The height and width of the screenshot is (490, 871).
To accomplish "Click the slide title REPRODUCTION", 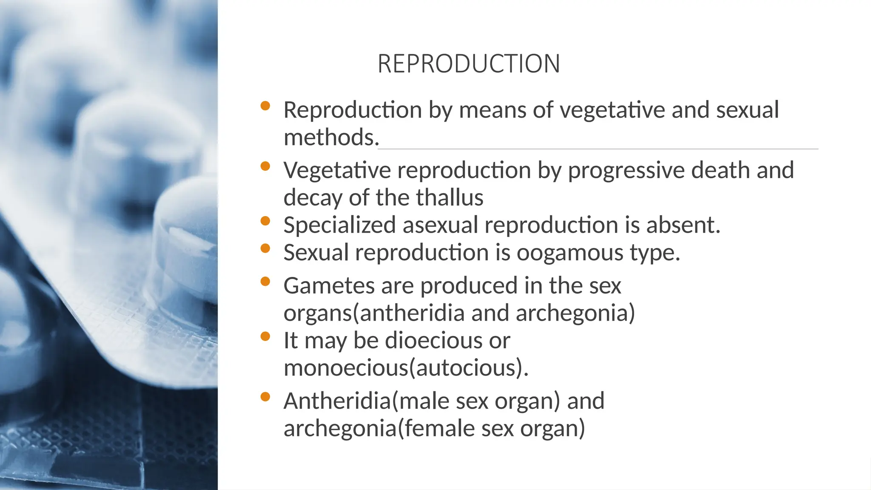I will point(469,64).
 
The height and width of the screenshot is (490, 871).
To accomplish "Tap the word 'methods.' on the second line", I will point(331,137).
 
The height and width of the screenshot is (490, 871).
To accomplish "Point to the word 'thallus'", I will point(450,198).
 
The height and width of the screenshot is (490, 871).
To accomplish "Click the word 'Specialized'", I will point(339,225).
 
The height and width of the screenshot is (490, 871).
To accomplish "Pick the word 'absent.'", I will point(683,225).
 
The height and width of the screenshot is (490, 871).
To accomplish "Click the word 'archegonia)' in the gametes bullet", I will point(575,313).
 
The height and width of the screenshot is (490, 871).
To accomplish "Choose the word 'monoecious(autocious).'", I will point(406,368).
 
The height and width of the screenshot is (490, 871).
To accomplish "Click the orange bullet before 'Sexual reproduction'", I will point(265,248).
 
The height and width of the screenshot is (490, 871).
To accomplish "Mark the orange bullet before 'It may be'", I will point(265,336).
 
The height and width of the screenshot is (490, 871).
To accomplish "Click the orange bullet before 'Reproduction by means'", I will point(265,106).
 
